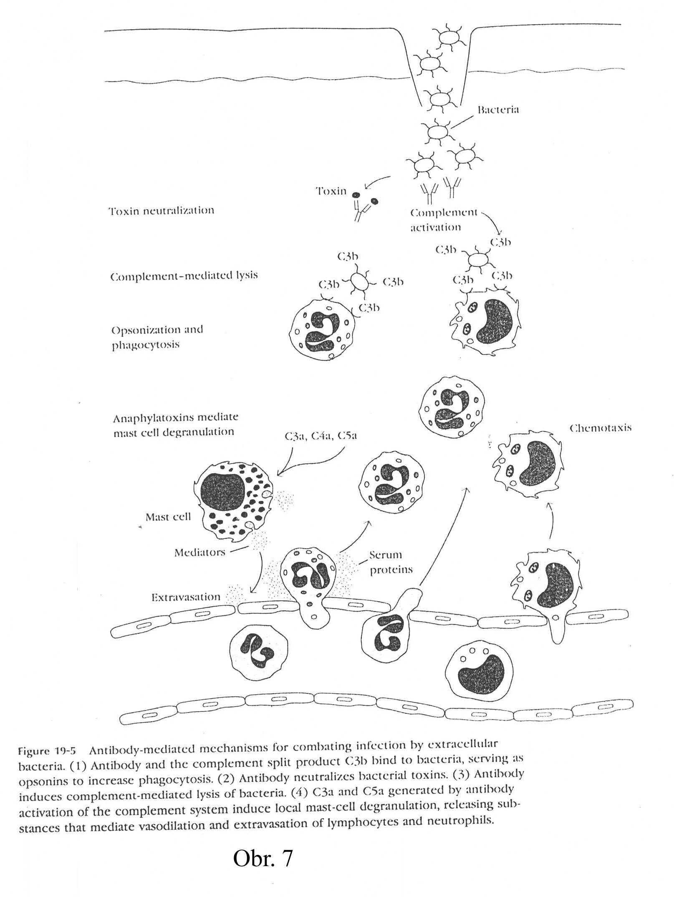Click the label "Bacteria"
(498, 110)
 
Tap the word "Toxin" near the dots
(331, 191)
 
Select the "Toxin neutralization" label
(161, 211)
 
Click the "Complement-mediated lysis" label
(184, 276)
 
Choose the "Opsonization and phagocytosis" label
(157, 337)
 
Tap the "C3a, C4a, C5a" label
(321, 436)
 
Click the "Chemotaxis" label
(600, 428)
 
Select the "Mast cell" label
(168, 517)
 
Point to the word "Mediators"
(199, 552)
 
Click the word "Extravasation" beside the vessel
(185, 597)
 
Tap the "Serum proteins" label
(391, 562)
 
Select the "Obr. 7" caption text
(263, 859)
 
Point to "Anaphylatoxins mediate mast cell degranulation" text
(175, 425)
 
